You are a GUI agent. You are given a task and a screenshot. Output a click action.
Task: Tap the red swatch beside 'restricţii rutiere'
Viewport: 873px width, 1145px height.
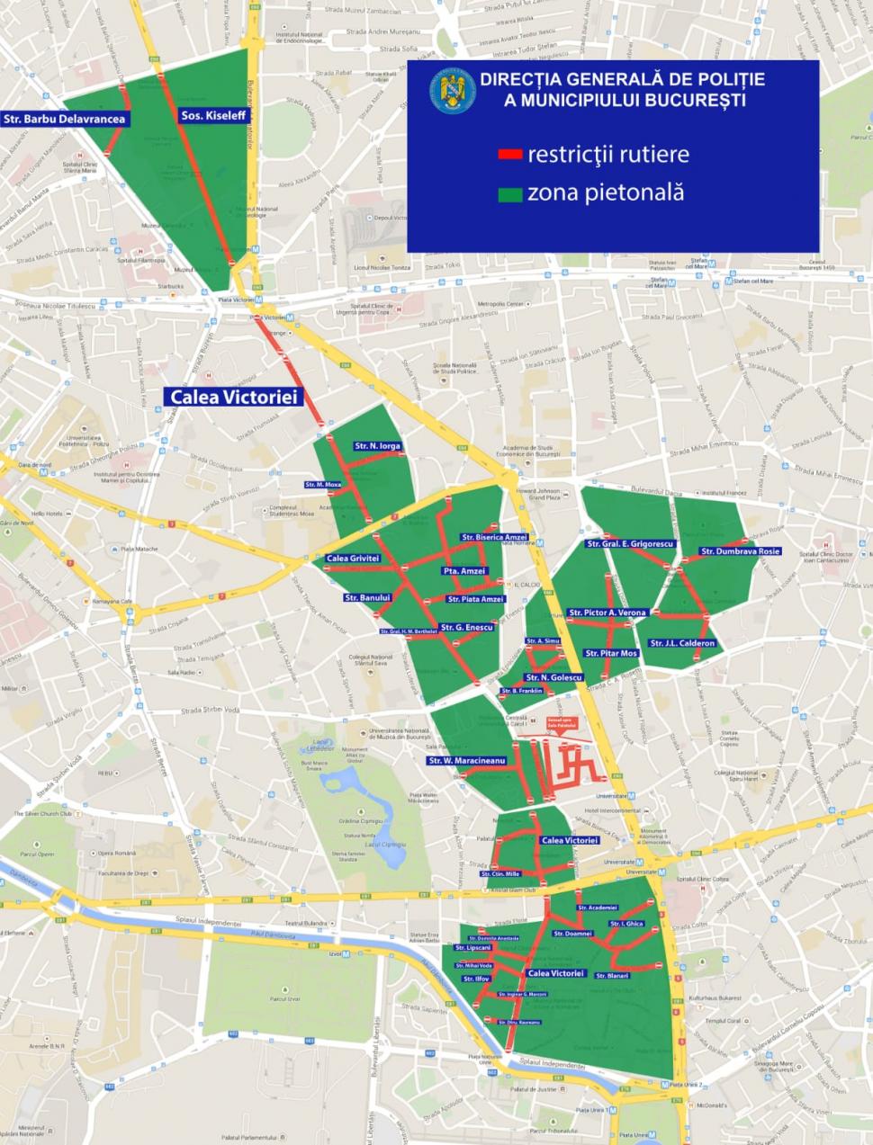510,155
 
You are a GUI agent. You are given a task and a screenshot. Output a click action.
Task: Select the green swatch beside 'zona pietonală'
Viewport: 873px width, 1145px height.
510,193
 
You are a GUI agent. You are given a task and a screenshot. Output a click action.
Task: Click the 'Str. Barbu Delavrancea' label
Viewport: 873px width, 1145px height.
64,119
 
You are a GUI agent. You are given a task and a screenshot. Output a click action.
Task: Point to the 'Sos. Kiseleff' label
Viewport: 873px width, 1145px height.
213,115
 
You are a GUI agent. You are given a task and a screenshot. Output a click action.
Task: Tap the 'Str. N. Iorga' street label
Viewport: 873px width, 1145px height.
378,446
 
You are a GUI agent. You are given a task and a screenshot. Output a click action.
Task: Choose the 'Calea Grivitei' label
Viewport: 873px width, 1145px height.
353,559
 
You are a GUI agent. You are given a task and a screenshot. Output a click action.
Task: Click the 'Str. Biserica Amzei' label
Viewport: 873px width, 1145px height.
494,537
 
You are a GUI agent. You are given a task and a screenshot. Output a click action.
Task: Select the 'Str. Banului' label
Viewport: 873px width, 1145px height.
367,597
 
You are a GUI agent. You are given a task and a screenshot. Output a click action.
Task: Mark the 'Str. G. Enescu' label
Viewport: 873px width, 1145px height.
466,627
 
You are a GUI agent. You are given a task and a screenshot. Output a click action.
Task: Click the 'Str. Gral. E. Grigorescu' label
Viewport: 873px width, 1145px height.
630,544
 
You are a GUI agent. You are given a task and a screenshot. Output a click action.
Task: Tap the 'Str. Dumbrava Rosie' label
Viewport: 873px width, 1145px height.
740,551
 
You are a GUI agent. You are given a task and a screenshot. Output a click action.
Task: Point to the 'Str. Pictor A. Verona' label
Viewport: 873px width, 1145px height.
607,613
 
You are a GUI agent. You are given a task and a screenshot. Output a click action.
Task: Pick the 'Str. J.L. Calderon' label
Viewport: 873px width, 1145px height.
682,643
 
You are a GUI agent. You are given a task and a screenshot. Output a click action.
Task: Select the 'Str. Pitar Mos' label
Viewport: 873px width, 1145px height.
611,653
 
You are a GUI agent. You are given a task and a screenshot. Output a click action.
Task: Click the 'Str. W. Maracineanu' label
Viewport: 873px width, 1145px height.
467,761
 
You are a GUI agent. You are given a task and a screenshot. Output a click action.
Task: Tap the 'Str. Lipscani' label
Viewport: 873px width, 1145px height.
472,947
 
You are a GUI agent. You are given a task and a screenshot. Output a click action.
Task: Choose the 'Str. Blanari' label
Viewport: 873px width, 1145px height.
612,975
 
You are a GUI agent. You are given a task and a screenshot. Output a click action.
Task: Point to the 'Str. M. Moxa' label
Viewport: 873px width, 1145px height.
323,485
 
